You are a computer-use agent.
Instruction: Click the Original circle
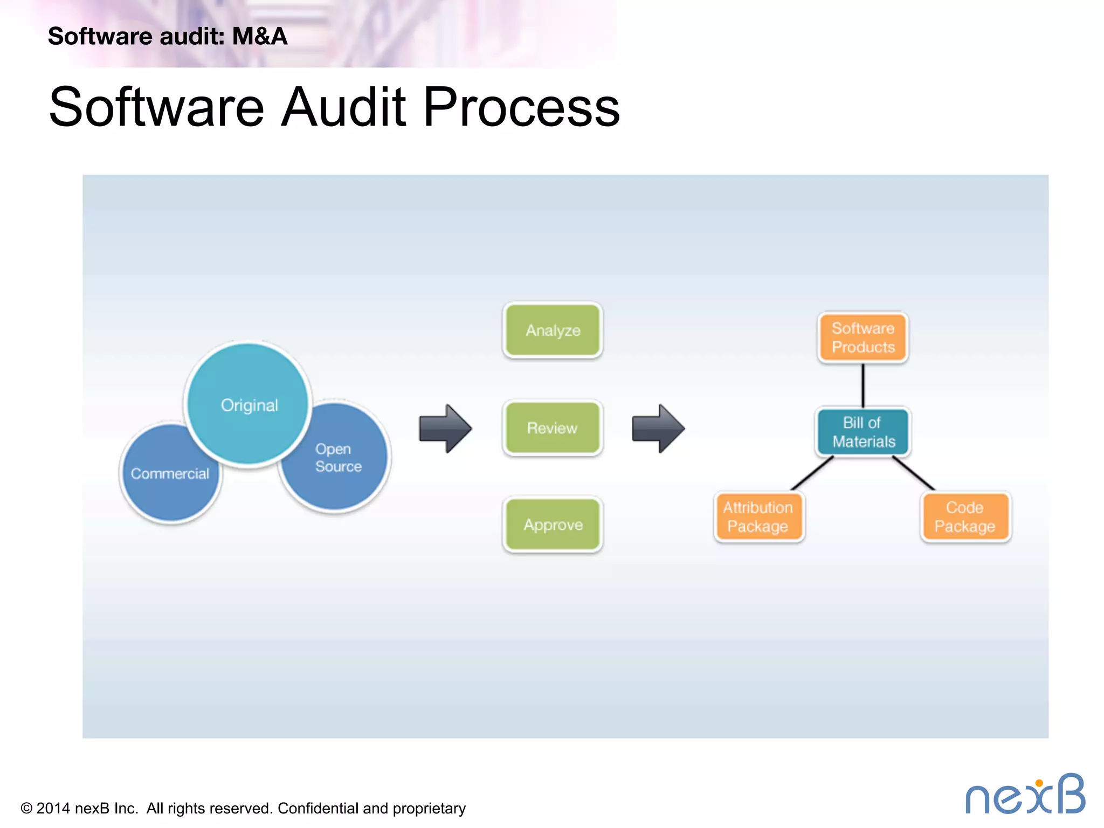pyautogui.click(x=249, y=404)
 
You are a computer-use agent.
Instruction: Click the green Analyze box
pyautogui.click(x=553, y=330)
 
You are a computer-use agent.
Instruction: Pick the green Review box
pyautogui.click(x=553, y=428)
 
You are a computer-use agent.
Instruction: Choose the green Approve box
pyautogui.click(x=553, y=525)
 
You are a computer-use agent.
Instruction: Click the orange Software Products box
pyautogui.click(x=862, y=337)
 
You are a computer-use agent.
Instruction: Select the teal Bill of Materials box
pyautogui.click(x=862, y=432)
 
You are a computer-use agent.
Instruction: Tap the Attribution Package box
pyautogui.click(x=758, y=517)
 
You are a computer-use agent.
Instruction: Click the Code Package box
pyautogui.click(x=965, y=517)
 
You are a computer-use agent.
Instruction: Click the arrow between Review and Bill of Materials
pyautogui.click(x=658, y=429)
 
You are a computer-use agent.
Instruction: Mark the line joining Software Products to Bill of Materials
pyautogui.click(x=862, y=385)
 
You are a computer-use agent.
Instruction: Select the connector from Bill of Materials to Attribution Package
pyautogui.click(x=812, y=473)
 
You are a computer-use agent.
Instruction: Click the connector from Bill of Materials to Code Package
pyautogui.click(x=914, y=473)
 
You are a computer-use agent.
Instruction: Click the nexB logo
pyautogui.click(x=1025, y=795)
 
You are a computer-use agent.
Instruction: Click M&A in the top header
pyautogui.click(x=259, y=37)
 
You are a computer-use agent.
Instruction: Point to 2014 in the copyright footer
pyautogui.click(x=53, y=809)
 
